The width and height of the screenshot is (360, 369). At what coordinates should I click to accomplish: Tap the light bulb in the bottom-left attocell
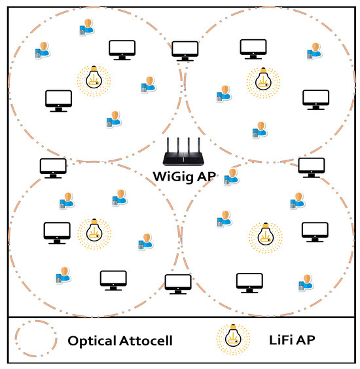(94, 232)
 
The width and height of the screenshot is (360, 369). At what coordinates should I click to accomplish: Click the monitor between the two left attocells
(54, 167)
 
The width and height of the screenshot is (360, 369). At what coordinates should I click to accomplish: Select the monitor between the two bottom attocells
(177, 283)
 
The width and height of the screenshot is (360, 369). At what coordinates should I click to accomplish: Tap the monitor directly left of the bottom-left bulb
(57, 232)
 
